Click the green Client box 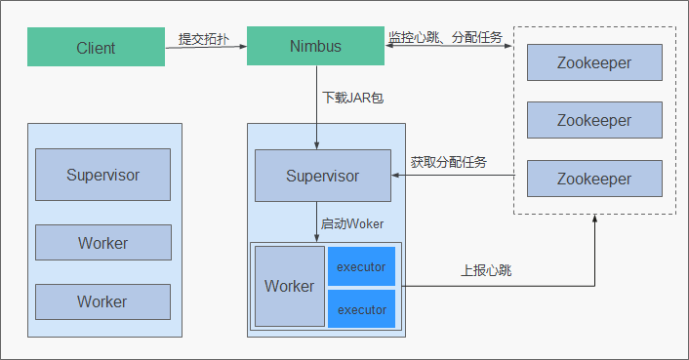96,47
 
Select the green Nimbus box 314,47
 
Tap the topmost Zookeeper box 594,63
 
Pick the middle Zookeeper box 594,120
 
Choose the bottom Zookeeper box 594,179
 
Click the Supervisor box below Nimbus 322,176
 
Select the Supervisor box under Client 102,175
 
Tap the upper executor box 361,266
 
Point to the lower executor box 361,309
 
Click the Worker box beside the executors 289,286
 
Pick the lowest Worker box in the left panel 102,301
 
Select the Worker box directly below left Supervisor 102,242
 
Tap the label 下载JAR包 346,98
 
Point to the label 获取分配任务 448,161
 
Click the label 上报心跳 486,270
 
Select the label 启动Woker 351,223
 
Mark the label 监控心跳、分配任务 445,37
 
